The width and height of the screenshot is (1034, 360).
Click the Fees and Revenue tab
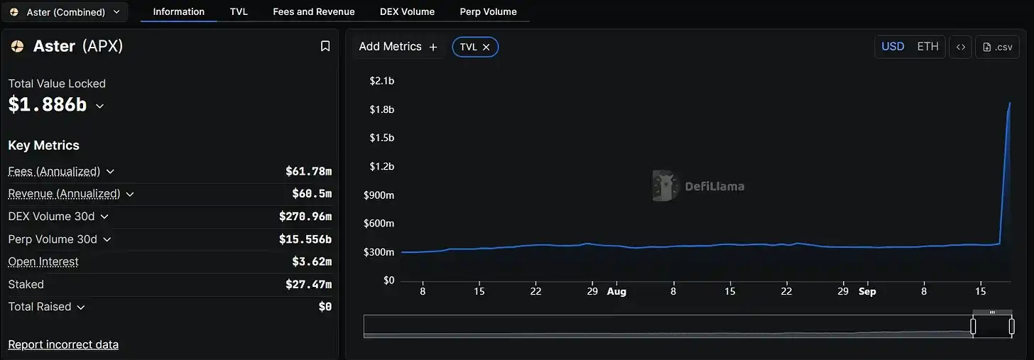(313, 11)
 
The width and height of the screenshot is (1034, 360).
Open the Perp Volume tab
(488, 11)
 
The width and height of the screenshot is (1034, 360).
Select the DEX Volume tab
(407, 11)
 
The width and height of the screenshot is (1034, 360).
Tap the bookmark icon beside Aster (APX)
(325, 46)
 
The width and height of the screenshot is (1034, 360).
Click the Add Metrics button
(398, 47)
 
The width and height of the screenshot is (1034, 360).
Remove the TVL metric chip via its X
(486, 47)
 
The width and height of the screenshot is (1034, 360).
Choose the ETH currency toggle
(927, 47)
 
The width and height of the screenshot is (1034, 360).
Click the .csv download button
(997, 47)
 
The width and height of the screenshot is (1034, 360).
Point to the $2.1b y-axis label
(381, 81)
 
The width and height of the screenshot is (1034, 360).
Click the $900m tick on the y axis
(379, 195)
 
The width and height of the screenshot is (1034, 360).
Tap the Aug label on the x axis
(616, 292)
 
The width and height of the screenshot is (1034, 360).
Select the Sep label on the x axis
(867, 292)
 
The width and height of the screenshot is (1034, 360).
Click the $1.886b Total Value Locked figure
(48, 104)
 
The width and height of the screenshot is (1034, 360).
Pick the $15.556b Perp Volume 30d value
(305, 239)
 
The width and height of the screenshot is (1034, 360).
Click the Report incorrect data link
(63, 344)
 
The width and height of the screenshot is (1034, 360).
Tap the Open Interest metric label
(43, 262)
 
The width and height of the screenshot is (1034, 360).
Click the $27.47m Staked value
(308, 285)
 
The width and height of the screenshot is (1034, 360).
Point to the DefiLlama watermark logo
(698, 186)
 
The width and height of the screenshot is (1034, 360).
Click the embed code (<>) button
(960, 47)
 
